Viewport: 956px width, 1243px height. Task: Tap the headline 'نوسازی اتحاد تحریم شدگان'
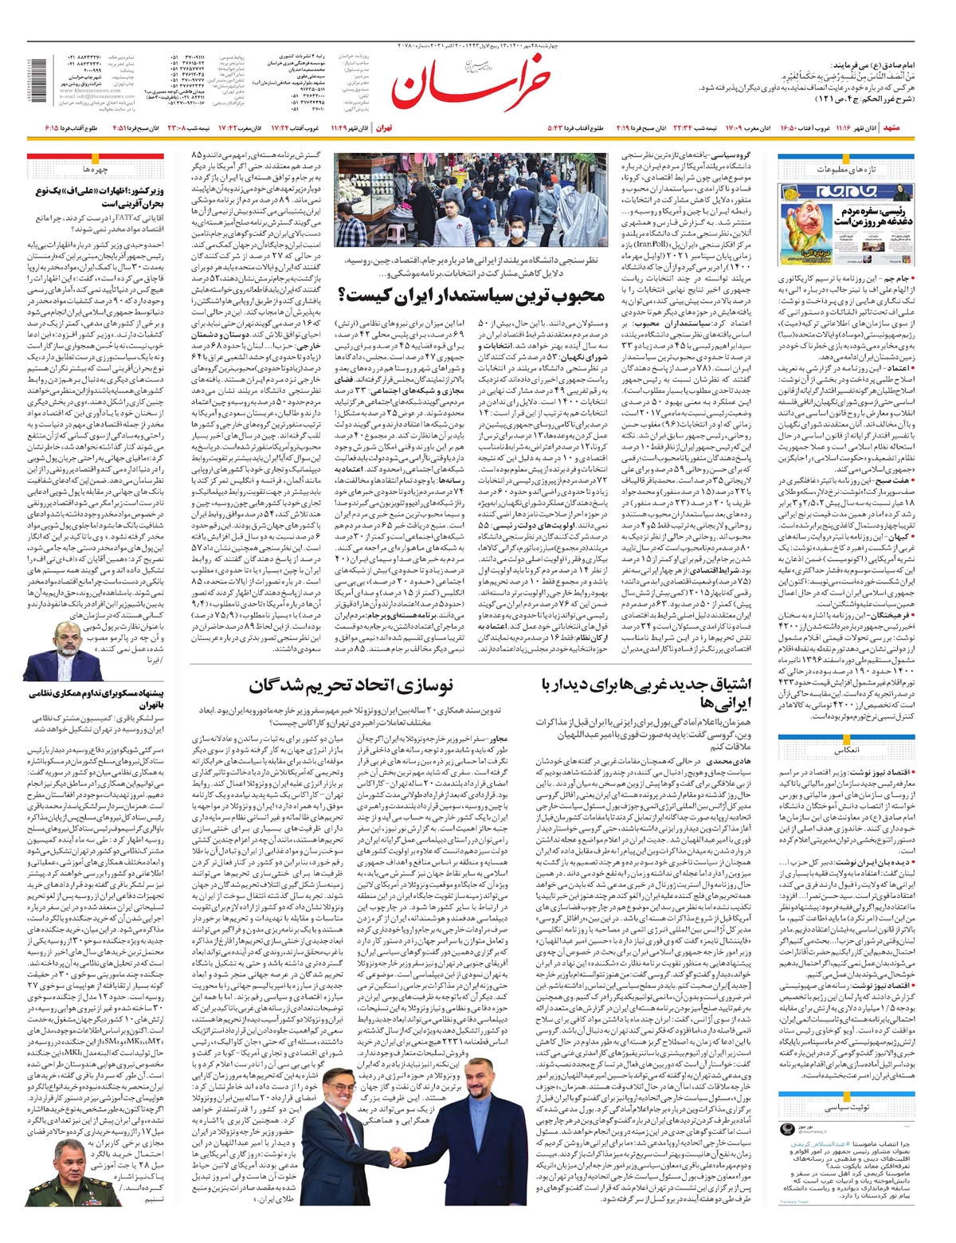coord(351,685)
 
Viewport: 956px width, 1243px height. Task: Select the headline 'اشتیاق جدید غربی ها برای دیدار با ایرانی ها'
coord(638,693)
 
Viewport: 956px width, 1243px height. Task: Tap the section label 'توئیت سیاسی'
coord(845,1107)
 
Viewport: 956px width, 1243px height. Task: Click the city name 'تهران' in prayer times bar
coord(384,127)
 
